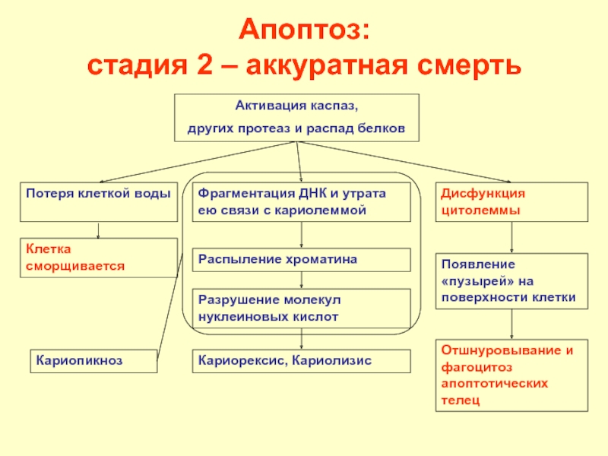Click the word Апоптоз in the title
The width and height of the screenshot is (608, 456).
pos(305,32)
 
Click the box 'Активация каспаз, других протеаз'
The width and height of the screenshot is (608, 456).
pos(297,118)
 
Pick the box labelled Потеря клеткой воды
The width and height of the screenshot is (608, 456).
pos(99,201)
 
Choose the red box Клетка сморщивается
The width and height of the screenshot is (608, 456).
pos(99,258)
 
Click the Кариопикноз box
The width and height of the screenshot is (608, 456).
pos(93,360)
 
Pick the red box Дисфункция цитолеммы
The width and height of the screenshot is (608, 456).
pos(511,201)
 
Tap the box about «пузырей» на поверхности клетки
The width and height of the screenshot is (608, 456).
pos(511,281)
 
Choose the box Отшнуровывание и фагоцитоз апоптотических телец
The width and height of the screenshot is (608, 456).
pos(511,376)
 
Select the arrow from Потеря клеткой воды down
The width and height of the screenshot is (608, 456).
pos(98,230)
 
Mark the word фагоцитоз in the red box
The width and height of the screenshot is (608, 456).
pos(471,367)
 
